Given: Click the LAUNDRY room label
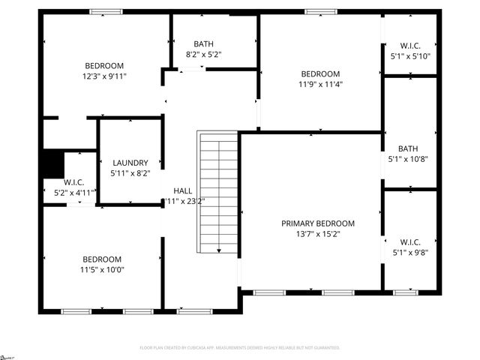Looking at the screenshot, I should [130, 163].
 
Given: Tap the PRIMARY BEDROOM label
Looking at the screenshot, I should [318, 223].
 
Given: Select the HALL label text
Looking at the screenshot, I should [183, 190].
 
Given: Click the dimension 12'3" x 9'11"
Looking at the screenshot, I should [104, 76].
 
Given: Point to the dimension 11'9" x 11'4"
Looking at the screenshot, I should [320, 84].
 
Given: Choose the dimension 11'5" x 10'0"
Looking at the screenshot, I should [102, 270].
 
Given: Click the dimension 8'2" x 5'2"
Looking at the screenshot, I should [203, 54].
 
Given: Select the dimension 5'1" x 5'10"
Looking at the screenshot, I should [410, 56].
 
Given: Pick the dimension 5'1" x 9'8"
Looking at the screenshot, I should [410, 253].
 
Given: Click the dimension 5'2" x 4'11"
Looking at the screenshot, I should [73, 193].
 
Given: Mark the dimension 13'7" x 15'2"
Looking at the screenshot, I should [318, 234].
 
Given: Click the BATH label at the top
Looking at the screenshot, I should [203, 43].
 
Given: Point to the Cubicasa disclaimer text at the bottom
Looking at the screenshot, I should [240, 348].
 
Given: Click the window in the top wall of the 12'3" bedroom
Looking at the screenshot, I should [106, 11].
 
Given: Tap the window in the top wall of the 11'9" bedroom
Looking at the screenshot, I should [320, 11].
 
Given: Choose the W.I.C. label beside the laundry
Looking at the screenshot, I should [73, 182].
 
